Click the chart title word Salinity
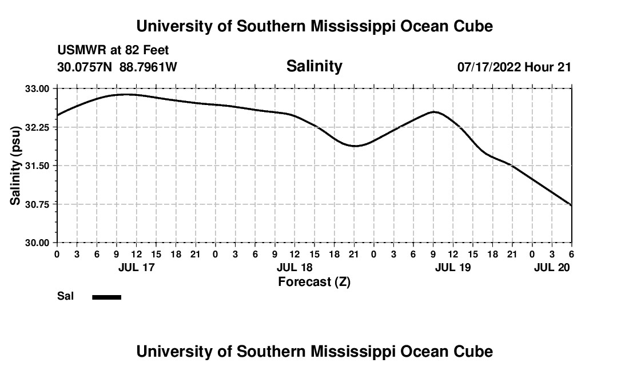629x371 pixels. pos(314,66)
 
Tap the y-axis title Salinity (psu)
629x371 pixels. pos(16,166)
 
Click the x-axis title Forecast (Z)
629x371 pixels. pos(314,281)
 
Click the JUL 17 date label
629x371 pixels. pos(136,267)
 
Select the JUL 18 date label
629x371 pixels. pos(294,267)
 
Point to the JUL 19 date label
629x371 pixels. pos(453,267)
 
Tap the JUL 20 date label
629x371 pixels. pos(552,267)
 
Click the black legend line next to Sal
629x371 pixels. pos(107,297)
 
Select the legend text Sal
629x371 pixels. pos(65,296)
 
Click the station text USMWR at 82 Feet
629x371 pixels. pos(113,50)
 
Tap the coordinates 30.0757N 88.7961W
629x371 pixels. pos(117,67)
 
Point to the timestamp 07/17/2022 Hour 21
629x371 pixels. pos(514,67)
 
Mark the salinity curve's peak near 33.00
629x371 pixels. pos(126,94)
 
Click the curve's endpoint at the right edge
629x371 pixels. pos(571,205)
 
